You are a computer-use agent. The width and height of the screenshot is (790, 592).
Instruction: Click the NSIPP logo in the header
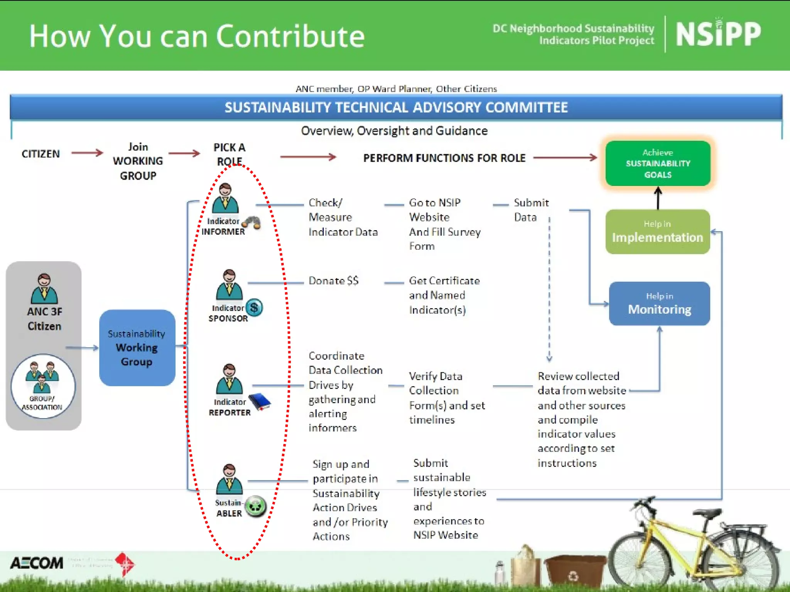pyautogui.click(x=718, y=34)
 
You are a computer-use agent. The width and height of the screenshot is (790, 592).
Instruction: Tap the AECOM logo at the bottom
pyautogui.click(x=37, y=563)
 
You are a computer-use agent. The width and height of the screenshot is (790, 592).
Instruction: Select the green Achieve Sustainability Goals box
pyautogui.click(x=658, y=163)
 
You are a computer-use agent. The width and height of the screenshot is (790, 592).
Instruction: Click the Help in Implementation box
pyautogui.click(x=657, y=232)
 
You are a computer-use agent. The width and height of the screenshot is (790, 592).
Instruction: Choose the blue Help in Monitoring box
pyautogui.click(x=659, y=304)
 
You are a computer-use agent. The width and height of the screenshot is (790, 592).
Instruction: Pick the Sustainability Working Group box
pyautogui.click(x=137, y=348)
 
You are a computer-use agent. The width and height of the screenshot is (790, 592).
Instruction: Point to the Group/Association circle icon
pyautogui.click(x=42, y=386)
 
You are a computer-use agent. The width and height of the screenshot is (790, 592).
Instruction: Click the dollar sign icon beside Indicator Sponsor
pyautogui.click(x=254, y=308)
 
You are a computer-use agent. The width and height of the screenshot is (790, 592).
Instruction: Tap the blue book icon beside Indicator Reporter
pyautogui.click(x=260, y=402)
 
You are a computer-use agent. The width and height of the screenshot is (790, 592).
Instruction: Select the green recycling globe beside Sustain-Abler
pyautogui.click(x=256, y=506)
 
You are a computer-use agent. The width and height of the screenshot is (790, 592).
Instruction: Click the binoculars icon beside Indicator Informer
pyautogui.click(x=252, y=222)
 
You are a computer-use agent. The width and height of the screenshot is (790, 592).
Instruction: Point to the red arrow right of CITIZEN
pyautogui.click(x=87, y=153)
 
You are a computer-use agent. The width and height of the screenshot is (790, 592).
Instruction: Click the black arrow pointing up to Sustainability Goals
pyautogui.click(x=658, y=198)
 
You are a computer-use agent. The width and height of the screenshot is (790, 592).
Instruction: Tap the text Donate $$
pyautogui.click(x=333, y=281)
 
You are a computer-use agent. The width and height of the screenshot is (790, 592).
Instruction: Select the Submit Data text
pyautogui.click(x=531, y=210)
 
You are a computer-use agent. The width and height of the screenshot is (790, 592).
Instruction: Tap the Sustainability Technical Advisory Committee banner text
pyautogui.click(x=396, y=108)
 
